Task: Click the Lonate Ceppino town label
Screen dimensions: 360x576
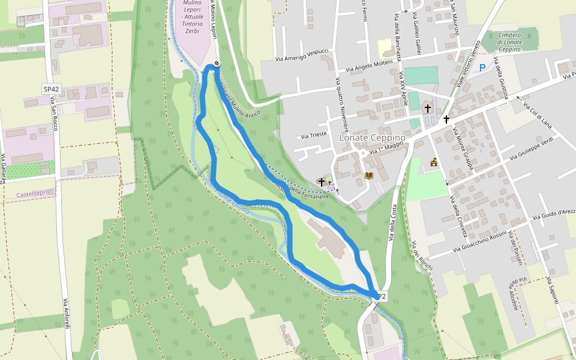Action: tap(372, 137)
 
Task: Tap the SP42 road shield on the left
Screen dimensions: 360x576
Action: tap(51, 89)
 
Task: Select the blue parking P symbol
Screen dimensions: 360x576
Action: tap(482, 68)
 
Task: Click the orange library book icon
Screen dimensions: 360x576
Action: tap(369, 176)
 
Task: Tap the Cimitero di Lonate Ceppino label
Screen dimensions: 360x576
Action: tap(509, 42)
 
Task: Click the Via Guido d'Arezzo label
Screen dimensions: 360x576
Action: tap(555, 214)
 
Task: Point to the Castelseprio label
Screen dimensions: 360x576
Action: tap(35, 194)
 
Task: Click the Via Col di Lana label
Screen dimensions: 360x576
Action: tap(537, 115)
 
